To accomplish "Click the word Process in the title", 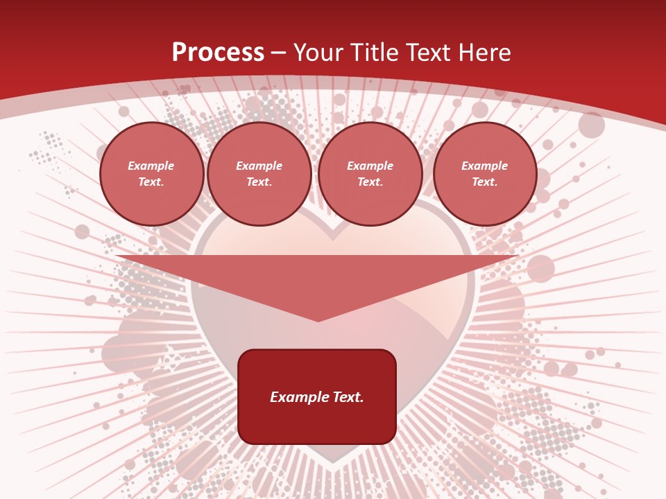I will pos(218,53).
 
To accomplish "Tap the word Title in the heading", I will pos(371,53).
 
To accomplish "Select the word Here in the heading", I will pos(484,53).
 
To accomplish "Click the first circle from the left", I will pos(151,174).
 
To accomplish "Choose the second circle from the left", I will pos(259,174).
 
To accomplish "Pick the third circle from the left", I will pos(370,174).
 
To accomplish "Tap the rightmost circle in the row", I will pos(485,174).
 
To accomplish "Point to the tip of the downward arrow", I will pos(318,320).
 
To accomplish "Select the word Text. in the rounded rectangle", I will pos(348,397).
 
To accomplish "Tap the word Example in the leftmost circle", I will pos(151,166).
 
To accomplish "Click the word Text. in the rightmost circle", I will pos(485,182).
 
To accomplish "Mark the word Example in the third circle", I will pos(370,166).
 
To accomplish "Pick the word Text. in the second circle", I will pos(259,182).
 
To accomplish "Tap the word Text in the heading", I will pos(429,53).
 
